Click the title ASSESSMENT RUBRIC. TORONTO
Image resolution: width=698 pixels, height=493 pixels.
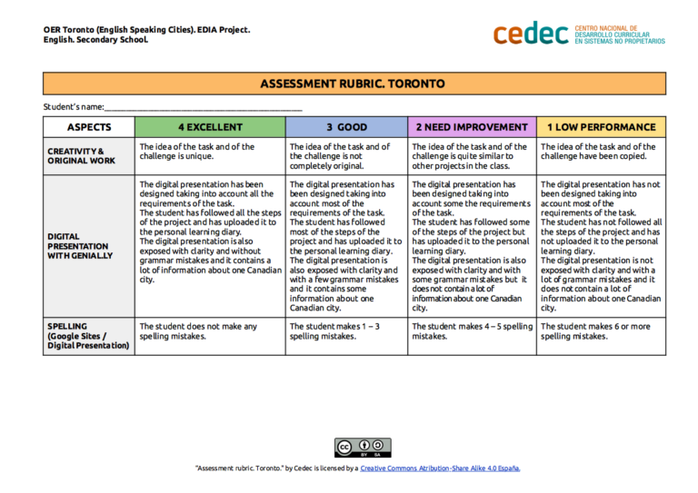tap(353, 84)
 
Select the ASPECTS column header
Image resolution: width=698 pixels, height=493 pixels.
tap(88, 127)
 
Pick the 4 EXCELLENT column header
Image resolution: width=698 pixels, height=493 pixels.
tap(209, 127)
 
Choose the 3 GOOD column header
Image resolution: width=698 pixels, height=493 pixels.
tap(346, 127)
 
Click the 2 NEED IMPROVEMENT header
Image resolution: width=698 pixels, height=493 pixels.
tap(471, 127)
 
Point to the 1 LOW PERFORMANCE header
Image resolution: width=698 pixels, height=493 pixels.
tap(601, 127)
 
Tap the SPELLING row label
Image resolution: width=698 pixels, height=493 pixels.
tap(88, 335)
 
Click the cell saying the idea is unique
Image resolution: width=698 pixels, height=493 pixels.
tap(209, 152)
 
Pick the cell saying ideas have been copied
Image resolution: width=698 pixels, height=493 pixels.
tap(601, 152)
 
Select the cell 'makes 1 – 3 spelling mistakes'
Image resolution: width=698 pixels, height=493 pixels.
tap(346, 331)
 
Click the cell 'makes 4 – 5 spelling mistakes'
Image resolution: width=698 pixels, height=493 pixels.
tap(471, 331)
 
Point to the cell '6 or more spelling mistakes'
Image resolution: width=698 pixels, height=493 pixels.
tap(601, 331)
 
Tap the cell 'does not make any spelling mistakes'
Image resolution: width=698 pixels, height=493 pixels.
tap(209, 331)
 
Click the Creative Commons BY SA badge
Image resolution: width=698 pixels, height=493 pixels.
tap(363, 448)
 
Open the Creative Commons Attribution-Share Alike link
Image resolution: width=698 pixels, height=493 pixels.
tap(440, 468)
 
